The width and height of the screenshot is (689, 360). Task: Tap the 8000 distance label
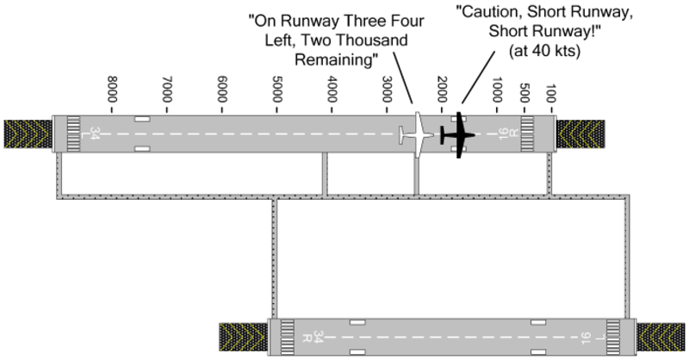click(112, 90)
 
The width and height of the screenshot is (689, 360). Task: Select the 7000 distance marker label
click(167, 90)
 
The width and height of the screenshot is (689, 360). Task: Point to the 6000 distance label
click(222, 90)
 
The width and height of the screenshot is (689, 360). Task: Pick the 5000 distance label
click(277, 90)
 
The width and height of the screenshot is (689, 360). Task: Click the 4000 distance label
click(332, 90)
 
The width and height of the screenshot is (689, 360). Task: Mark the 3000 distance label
click(388, 90)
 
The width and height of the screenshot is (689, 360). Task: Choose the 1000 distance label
click(497, 90)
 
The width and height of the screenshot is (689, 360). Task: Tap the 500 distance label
click(525, 92)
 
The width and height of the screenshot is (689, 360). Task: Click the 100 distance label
click(552, 92)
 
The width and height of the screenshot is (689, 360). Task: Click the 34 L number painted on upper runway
click(93, 134)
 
